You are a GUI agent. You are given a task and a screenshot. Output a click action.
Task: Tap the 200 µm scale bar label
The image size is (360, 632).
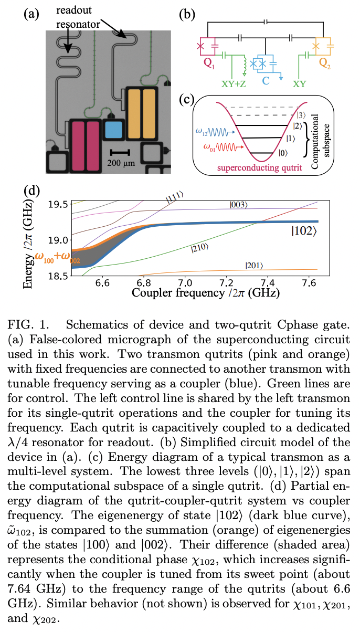point(121,164)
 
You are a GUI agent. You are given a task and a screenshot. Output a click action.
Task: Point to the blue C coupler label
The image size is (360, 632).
point(266,81)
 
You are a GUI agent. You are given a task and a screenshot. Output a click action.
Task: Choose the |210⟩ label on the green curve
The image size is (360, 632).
point(200,246)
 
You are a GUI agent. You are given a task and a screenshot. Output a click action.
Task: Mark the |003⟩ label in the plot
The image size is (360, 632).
point(240,204)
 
